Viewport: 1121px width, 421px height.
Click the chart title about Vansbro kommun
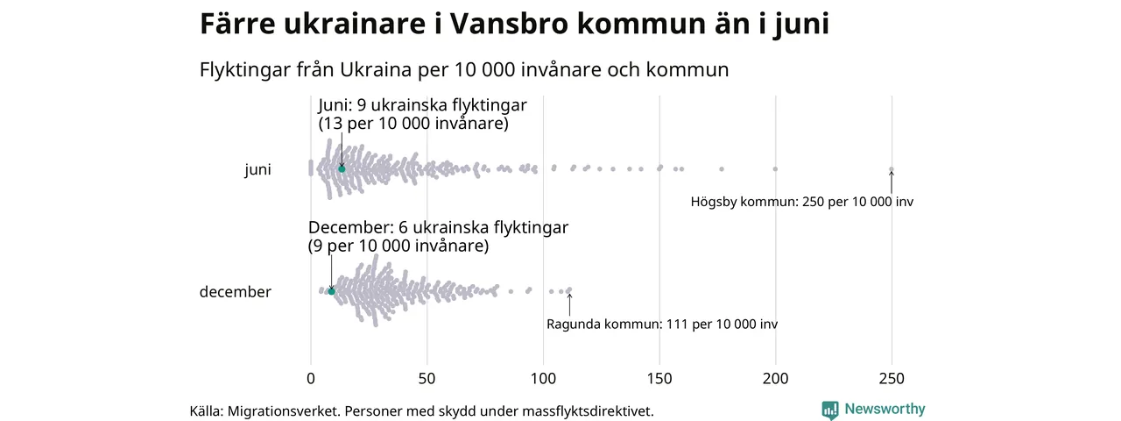[514, 25]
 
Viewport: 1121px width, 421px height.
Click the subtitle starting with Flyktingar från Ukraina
[464, 69]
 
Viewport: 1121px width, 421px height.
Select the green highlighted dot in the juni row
[342, 168]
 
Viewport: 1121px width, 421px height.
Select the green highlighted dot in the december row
[331, 290]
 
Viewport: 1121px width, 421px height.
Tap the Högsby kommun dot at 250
[892, 169]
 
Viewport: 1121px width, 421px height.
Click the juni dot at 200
[775, 168]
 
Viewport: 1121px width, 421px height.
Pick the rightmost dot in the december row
[569, 289]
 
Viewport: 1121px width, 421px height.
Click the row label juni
[257, 170]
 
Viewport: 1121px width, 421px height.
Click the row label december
[235, 292]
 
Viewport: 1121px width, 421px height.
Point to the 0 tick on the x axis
[311, 379]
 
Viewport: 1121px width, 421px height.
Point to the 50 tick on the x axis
[427, 379]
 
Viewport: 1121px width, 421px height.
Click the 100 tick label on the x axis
[543, 379]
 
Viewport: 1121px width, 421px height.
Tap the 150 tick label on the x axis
[659, 379]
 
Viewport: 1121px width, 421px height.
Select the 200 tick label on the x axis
[776, 379]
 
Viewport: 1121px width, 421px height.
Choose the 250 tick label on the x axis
[892, 379]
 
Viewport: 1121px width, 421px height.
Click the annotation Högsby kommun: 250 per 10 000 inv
[801, 202]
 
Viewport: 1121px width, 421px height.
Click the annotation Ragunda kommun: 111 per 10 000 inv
[661, 325]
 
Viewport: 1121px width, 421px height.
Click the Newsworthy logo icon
[829, 410]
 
